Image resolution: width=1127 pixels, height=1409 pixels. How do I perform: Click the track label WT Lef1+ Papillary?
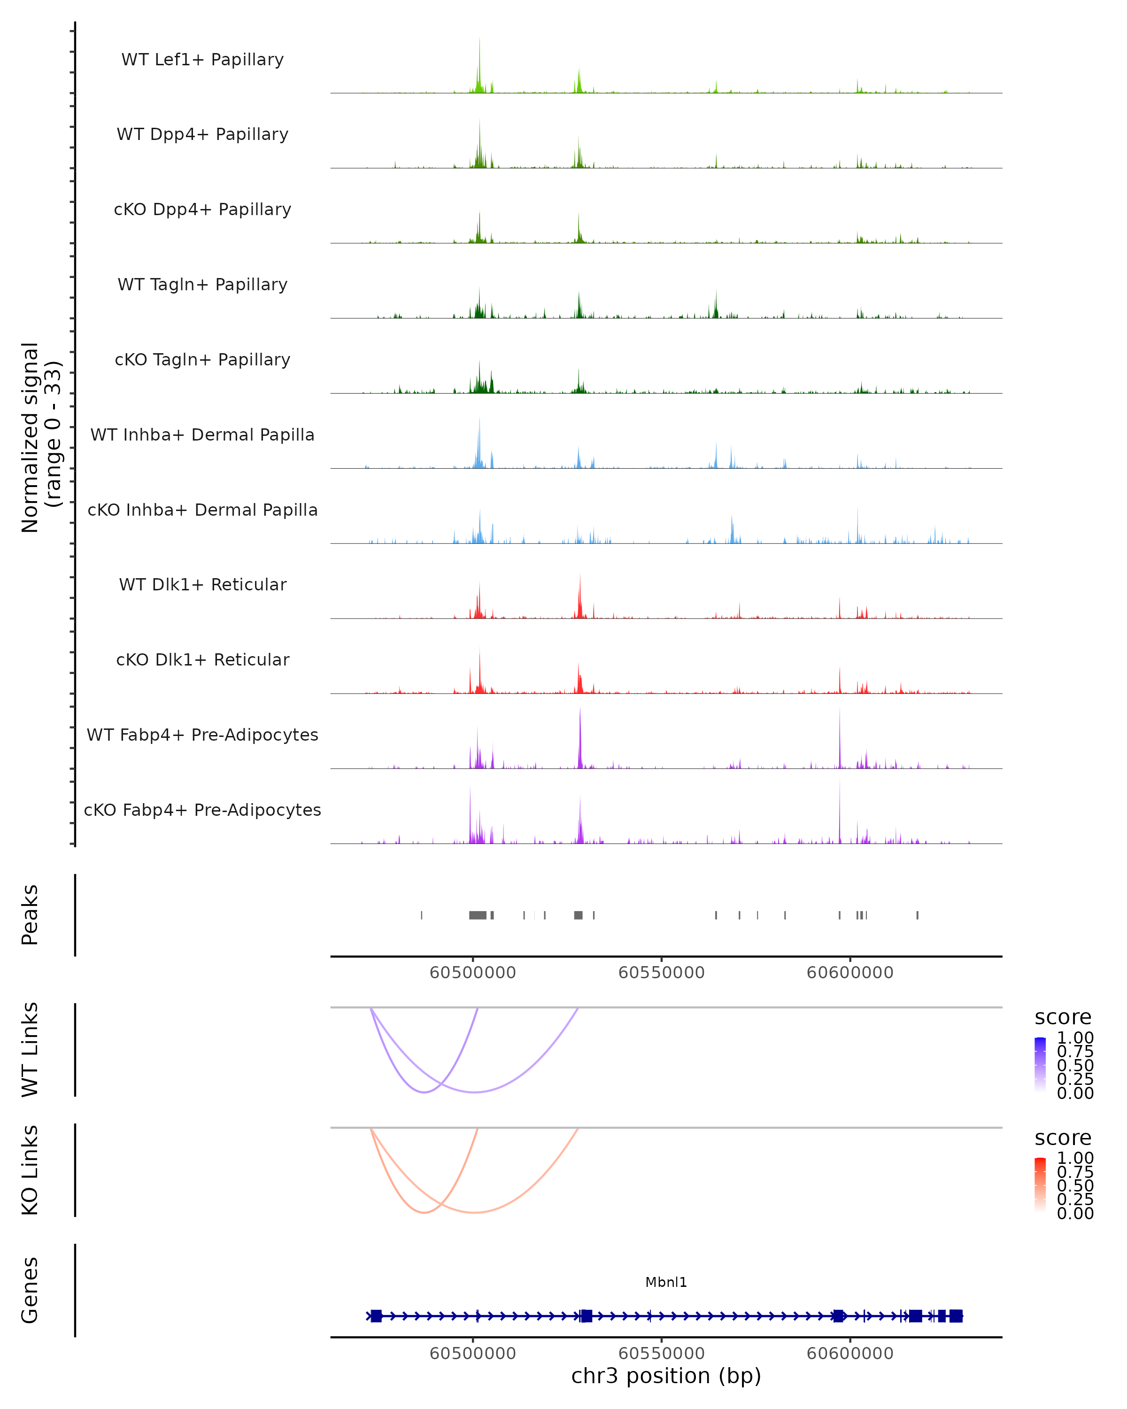202,60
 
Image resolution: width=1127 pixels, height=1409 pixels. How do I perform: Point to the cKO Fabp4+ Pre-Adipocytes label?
202,810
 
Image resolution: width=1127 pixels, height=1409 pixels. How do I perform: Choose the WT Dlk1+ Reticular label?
202,584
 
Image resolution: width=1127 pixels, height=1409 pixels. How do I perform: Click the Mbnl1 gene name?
666,1282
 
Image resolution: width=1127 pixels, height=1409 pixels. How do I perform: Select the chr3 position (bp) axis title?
666,1376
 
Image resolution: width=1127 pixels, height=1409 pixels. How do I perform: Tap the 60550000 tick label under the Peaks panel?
661,973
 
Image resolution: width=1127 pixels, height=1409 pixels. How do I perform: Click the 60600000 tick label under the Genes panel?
849,1354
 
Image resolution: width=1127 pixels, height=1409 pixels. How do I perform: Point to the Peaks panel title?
30,915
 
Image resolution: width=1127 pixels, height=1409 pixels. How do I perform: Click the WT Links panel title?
30,1050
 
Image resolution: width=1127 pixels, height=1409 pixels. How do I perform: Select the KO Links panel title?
30,1170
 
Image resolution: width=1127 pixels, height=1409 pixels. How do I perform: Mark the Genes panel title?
30,1290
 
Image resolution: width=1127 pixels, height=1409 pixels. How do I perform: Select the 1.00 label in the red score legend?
1075,1158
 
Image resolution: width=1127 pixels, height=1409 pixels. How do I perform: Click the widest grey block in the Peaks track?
478,915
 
